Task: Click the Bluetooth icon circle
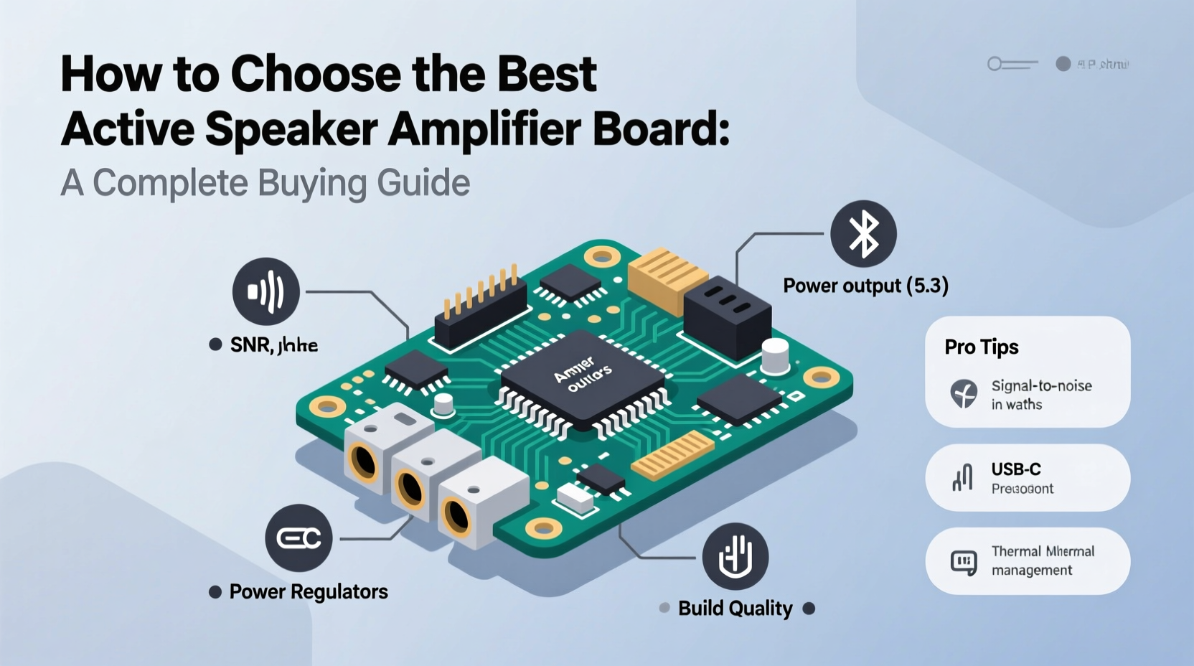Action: [x=863, y=234]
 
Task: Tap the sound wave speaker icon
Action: [x=266, y=291]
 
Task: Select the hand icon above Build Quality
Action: [x=735, y=556]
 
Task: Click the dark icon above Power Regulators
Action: [x=298, y=538]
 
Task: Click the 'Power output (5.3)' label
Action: [x=865, y=286]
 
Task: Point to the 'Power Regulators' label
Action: [x=309, y=591]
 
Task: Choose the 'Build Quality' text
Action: [x=735, y=609]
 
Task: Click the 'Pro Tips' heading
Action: [x=982, y=347]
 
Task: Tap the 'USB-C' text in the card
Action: [x=1016, y=469]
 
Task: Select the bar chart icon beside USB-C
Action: [x=962, y=477]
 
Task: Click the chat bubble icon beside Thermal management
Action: [x=964, y=562]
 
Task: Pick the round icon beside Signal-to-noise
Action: [x=964, y=394]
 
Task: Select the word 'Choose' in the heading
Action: [x=316, y=74]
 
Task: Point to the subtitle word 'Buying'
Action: [x=312, y=183]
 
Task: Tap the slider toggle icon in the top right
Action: [x=1012, y=64]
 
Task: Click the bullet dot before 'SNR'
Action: [x=215, y=344]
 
